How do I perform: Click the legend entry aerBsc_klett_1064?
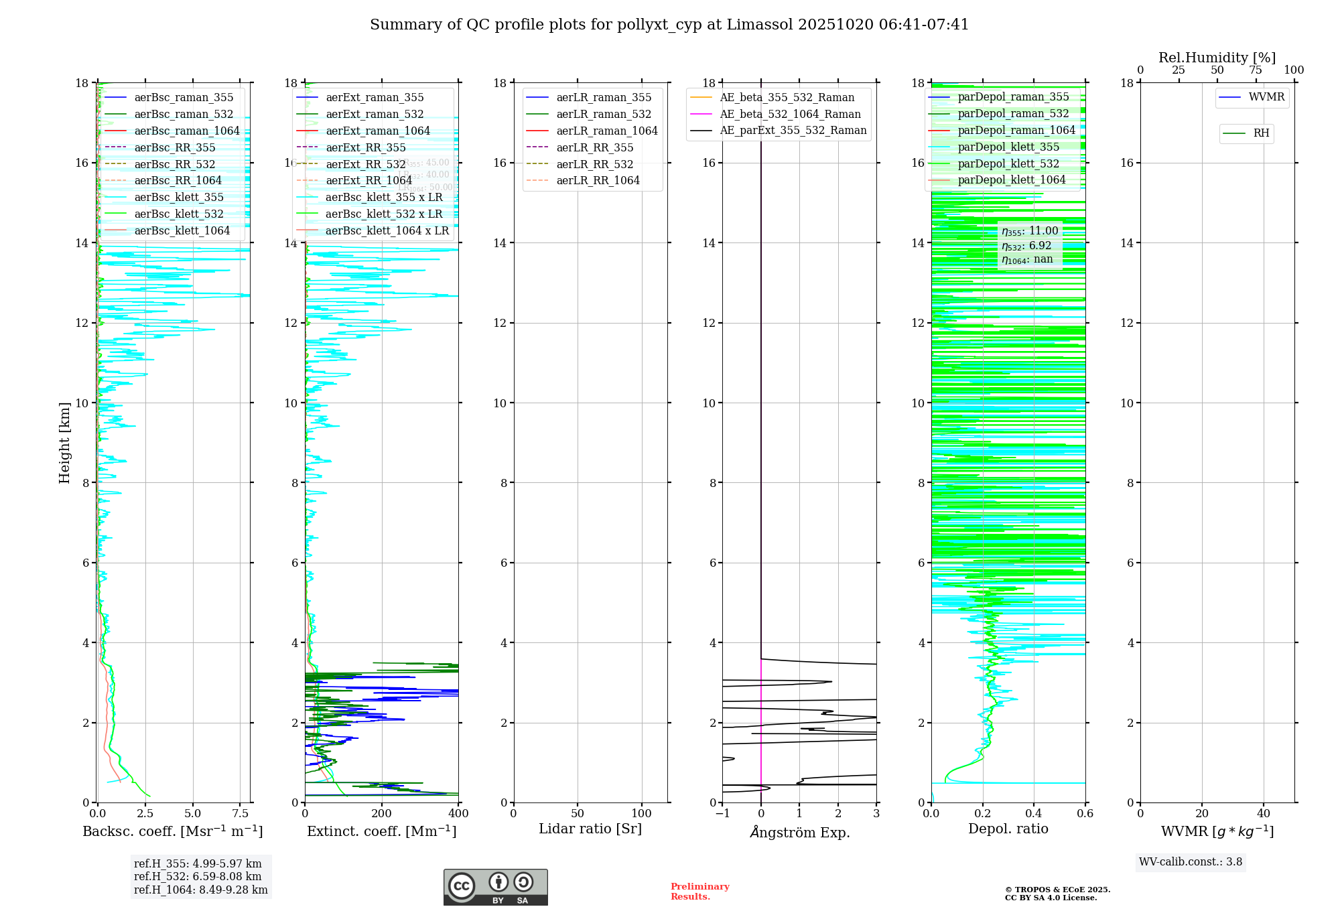point(182,230)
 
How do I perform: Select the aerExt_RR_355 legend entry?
point(365,147)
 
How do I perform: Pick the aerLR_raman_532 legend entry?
point(604,114)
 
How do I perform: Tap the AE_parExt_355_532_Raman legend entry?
point(793,131)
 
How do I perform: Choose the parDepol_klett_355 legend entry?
point(1008,147)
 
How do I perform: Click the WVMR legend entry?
point(1266,97)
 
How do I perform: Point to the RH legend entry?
point(1261,133)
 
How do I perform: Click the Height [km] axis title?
point(64,442)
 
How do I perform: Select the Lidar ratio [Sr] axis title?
point(590,829)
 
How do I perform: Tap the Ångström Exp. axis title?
point(799,833)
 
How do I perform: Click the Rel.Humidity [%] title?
point(1217,58)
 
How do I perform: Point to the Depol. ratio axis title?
point(1008,829)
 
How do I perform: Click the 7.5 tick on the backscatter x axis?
point(241,814)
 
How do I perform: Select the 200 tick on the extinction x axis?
point(381,814)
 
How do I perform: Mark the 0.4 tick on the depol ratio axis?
point(1034,814)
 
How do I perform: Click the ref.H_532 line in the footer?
point(198,876)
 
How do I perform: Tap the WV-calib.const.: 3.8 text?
point(1190,862)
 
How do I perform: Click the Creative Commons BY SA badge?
point(495,887)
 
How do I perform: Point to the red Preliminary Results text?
point(699,891)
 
